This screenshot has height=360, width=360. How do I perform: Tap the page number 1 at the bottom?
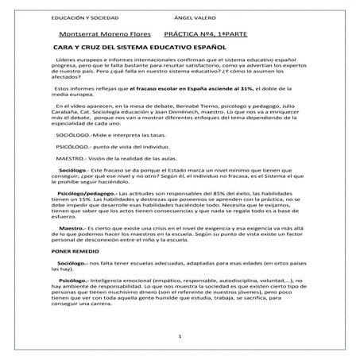[x=180, y=337]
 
